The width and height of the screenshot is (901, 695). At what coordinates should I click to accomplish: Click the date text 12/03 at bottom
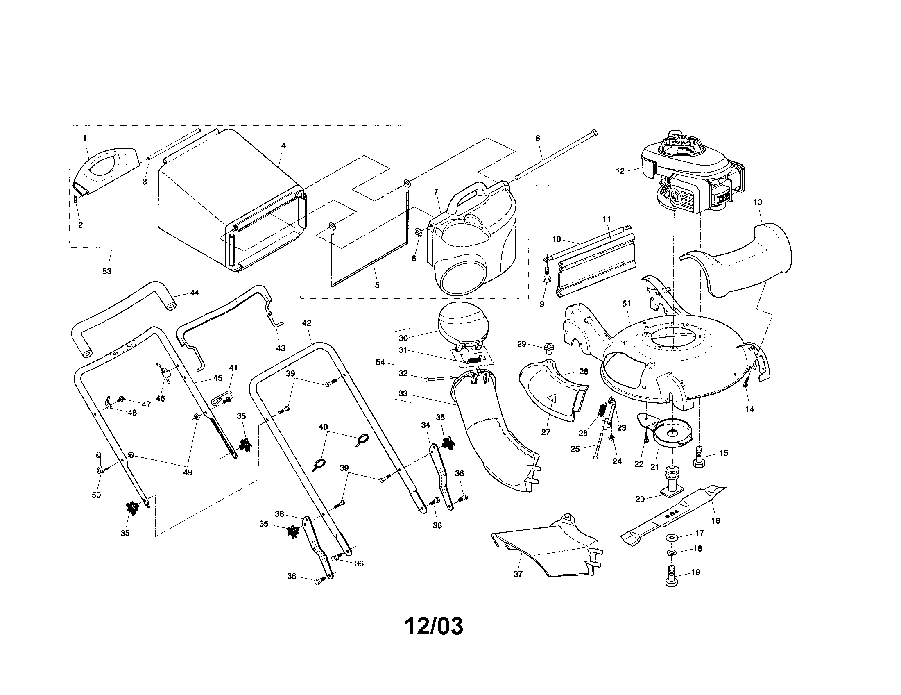click(x=433, y=627)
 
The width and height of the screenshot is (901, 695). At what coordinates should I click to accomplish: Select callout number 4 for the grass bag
click(x=283, y=146)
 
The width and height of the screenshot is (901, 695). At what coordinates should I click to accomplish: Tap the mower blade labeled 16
click(x=677, y=512)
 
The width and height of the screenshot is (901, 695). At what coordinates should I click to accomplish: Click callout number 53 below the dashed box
click(x=107, y=271)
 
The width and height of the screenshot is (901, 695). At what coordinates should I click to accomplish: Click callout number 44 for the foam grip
click(x=194, y=293)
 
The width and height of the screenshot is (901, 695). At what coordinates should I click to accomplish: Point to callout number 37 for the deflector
click(x=518, y=574)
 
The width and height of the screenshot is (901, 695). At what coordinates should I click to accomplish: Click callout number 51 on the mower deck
click(x=627, y=304)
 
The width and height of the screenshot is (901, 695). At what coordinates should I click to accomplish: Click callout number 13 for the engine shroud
click(x=758, y=202)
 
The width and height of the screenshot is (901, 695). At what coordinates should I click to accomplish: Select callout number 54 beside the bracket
click(x=380, y=362)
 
